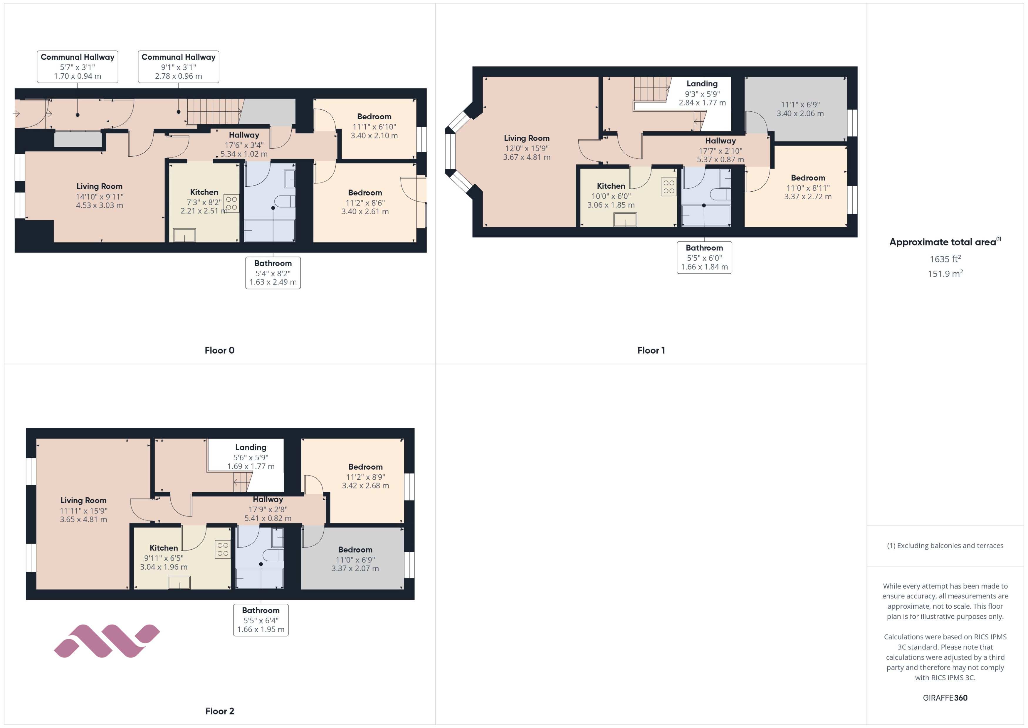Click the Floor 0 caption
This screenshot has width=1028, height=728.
click(219, 350)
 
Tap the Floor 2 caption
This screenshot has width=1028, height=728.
click(219, 711)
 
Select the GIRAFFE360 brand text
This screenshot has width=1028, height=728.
click(945, 697)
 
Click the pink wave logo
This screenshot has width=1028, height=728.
click(107, 641)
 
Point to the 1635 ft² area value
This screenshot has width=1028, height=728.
click(945, 259)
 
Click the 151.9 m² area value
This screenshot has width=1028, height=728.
click(945, 273)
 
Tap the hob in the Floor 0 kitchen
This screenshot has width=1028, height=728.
click(231, 203)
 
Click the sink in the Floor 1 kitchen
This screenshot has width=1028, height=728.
click(625, 220)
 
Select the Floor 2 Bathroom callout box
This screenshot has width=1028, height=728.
click(261, 620)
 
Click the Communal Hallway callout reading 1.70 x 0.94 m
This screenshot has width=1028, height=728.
click(78, 67)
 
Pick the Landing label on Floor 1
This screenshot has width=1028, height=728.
click(702, 84)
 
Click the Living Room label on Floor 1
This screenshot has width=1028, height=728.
click(526, 138)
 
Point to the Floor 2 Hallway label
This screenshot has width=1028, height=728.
click(268, 499)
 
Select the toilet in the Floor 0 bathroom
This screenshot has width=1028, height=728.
click(285, 201)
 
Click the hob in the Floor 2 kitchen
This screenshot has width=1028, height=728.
click(223, 550)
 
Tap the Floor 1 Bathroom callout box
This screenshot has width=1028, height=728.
click(704, 257)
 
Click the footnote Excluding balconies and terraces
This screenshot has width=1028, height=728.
click(945, 545)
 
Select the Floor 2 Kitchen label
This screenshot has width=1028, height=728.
click(164, 548)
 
